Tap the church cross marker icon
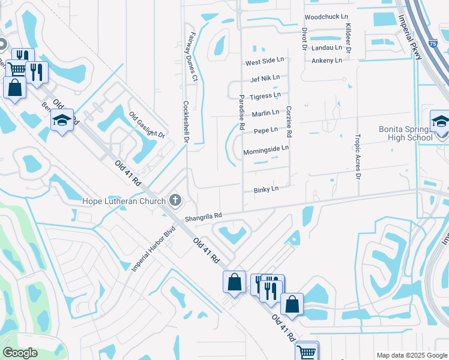point(175,199)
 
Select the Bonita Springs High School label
point(405,133)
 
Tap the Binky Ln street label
point(267,189)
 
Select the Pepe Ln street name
point(265,130)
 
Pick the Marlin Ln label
point(265,113)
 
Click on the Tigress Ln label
point(265,95)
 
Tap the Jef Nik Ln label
point(265,78)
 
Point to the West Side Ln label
point(264,62)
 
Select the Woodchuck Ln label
point(326,17)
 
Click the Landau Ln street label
point(327,47)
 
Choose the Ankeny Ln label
point(327,61)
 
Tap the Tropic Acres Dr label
point(358,156)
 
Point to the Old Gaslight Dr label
point(146,125)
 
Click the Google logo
point(20,353)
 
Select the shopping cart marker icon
point(307,351)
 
